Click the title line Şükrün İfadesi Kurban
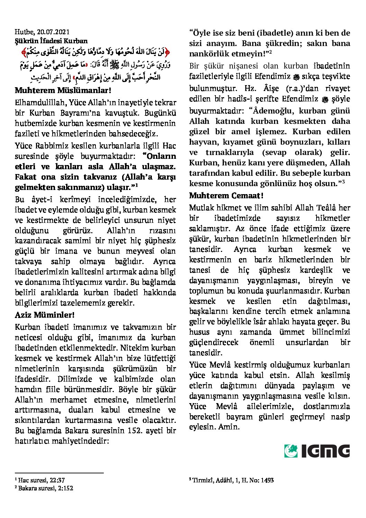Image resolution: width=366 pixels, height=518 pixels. point(51,41)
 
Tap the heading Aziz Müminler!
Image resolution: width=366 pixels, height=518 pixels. point(45,315)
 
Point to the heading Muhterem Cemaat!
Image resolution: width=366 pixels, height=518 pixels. point(226,196)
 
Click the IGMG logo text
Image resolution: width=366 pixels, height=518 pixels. point(325,451)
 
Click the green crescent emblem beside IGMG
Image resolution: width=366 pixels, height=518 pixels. point(291,451)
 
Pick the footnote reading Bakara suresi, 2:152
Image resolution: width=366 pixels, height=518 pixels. point(44,488)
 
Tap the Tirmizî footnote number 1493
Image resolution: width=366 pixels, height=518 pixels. point(267,480)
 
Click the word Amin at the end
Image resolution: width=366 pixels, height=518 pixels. point(229,427)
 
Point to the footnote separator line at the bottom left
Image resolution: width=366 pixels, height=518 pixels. point(59,473)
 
